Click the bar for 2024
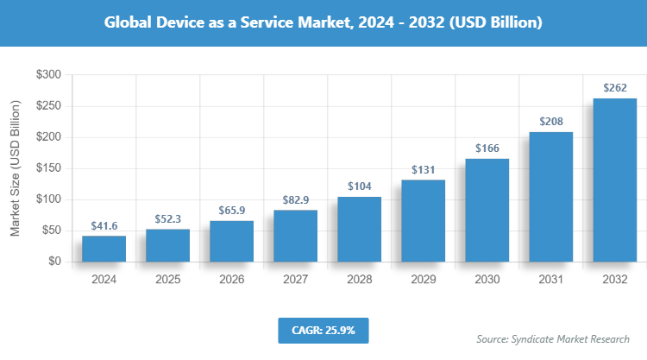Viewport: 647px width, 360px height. [104, 249]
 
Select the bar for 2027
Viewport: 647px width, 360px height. [295, 236]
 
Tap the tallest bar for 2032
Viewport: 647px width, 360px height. [614, 180]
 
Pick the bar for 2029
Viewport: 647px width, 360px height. [423, 220]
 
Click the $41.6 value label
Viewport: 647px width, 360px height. [104, 225]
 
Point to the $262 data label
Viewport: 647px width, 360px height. [614, 87]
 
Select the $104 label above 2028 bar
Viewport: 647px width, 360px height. [359, 186]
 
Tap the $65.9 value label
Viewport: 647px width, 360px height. [231, 210]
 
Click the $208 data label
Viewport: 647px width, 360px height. [550, 122]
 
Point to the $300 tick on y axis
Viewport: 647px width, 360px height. [47, 76]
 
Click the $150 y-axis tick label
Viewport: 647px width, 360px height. [47, 168]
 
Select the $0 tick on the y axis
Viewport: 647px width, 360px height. [53, 262]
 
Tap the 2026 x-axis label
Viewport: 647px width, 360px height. [231, 280]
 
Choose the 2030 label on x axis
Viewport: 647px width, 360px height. [487, 280]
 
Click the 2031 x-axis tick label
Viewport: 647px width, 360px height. [550, 280]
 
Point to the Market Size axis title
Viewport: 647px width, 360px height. [15, 168]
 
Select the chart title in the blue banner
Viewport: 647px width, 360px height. [323, 23]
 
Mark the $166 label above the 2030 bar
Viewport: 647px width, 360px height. [487, 148]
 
